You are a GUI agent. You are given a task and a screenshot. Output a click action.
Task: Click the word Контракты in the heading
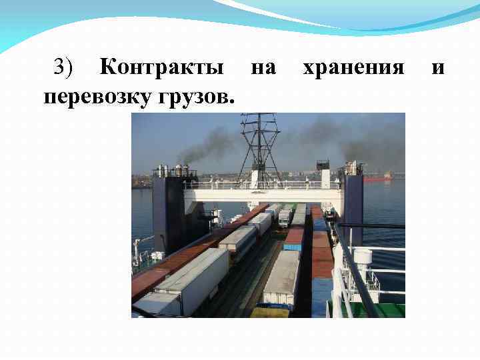pos(161,68)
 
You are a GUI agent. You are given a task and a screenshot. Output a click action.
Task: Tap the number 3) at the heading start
pos(67,68)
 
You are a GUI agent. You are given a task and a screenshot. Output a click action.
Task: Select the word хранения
pos(353,68)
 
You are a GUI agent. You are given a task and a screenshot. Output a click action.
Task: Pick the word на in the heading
pos(263,68)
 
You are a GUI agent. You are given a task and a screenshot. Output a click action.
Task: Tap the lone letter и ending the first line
pos(438,68)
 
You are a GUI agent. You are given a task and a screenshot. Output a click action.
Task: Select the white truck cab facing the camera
pos(285,217)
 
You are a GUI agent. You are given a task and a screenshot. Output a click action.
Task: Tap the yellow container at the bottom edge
pos(270,312)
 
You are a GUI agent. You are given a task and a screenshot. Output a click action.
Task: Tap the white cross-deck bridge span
pos(263,194)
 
